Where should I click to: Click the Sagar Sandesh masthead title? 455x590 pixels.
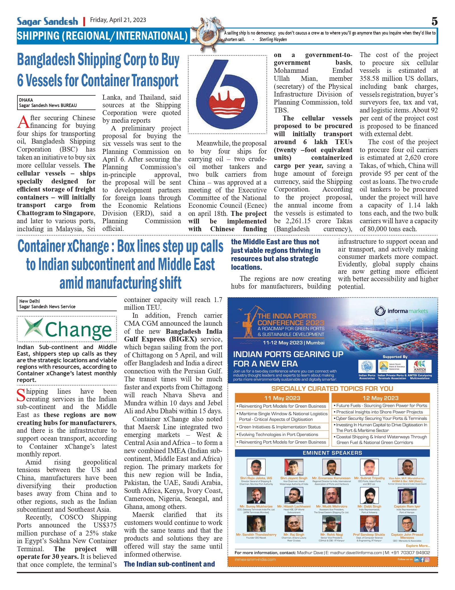pos(47,21)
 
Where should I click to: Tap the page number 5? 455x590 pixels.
pos(434,21)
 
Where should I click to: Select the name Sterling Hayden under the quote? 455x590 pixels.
pos(273,40)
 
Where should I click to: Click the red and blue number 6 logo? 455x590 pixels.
pos(227,94)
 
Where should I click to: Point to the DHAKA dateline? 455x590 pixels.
pos(26,100)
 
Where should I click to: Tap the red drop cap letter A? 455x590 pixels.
pos(23,122)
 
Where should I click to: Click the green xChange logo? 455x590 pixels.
pos(68,329)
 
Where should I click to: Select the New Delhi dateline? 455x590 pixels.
pos(29,301)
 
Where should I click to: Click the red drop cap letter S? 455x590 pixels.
pos(21,395)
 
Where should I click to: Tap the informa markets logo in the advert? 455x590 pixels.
pos(401,311)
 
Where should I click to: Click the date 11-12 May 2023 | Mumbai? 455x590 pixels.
pos(293,343)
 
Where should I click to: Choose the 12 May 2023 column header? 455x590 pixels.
pos(380,398)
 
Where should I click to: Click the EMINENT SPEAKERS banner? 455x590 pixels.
pos(332,453)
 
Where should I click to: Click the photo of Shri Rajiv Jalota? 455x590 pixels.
pos(256,467)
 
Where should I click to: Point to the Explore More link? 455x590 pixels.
pos(418,546)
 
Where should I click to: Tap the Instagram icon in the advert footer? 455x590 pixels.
pos(427,560)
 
